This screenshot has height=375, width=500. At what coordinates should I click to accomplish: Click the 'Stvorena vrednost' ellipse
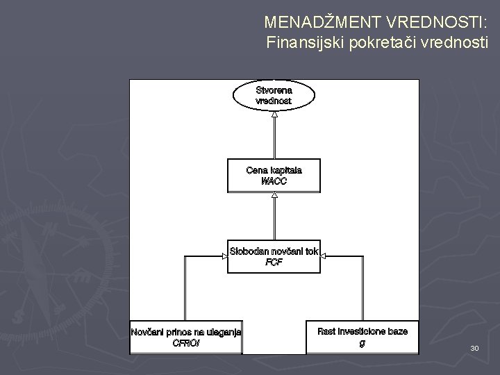[x=274, y=96]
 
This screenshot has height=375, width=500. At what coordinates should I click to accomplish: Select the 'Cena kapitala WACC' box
[x=274, y=176]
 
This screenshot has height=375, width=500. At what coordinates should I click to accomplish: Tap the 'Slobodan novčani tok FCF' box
[x=274, y=256]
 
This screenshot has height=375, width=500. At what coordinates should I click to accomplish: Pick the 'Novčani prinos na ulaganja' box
[x=186, y=337]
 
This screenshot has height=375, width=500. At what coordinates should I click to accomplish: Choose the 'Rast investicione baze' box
[x=362, y=337]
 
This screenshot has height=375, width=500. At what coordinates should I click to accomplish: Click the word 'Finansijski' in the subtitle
[x=301, y=43]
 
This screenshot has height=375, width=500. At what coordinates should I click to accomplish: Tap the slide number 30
[x=474, y=347]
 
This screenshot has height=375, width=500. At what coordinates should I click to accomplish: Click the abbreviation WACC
[x=274, y=182]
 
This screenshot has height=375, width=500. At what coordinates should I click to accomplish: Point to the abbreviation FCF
[x=274, y=262]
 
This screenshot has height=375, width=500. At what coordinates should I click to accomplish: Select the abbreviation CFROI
[x=186, y=342]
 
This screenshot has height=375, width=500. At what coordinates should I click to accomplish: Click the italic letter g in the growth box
[x=362, y=342]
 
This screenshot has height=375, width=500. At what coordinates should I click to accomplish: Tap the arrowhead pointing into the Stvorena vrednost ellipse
[x=274, y=114]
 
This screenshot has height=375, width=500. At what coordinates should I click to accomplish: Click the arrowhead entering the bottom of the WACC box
[x=274, y=195]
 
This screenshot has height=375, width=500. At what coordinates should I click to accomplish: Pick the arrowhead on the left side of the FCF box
[x=224, y=256]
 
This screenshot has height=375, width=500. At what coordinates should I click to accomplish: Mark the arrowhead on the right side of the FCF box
[x=324, y=256]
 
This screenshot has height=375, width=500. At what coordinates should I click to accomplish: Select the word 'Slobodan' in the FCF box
[x=249, y=251]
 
